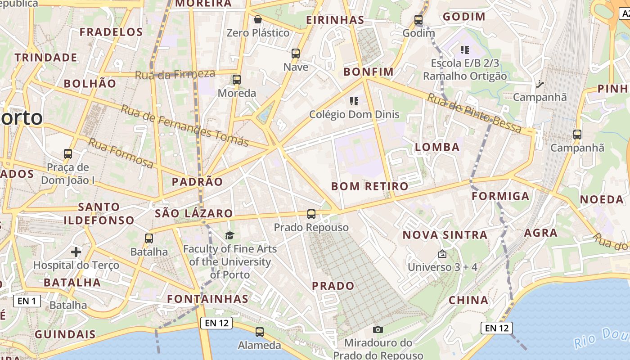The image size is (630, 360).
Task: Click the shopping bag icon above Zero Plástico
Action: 258,19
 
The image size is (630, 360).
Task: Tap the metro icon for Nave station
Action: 296,54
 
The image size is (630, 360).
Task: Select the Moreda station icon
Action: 237,80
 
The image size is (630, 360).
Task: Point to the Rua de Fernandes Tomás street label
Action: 185,126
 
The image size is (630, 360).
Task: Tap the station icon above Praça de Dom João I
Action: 68,154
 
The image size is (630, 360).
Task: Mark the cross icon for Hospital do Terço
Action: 76,252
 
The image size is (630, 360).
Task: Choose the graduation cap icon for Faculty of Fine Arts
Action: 230,235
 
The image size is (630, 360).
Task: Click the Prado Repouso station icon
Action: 311,214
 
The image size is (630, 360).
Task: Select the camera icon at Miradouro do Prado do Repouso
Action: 378,330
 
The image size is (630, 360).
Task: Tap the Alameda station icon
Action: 260,333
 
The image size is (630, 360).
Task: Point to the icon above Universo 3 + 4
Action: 442,254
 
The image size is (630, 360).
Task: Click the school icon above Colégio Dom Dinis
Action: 354,101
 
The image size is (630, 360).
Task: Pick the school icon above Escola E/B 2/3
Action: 465,49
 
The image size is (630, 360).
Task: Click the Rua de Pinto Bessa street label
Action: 474,113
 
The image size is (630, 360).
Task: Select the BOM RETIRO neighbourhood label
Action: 369,186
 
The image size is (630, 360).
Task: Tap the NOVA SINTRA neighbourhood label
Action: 445,235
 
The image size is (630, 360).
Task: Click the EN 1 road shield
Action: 27,301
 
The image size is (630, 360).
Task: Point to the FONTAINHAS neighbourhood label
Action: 207,299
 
